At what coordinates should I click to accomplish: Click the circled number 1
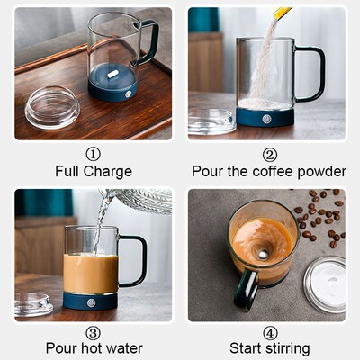(x=93, y=154)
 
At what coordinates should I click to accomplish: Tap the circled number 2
(x=269, y=154)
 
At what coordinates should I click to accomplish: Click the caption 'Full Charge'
(x=93, y=171)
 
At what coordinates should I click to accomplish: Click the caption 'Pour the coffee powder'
(x=269, y=171)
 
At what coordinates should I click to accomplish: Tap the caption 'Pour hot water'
(x=93, y=348)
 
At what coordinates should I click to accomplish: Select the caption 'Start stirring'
(x=269, y=348)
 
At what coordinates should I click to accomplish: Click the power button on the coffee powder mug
(x=266, y=116)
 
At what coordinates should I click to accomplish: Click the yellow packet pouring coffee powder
(x=283, y=13)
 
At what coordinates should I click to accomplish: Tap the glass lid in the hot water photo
(x=32, y=304)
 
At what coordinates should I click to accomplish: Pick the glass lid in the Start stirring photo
(x=324, y=284)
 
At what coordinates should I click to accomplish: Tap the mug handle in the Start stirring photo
(x=246, y=290)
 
